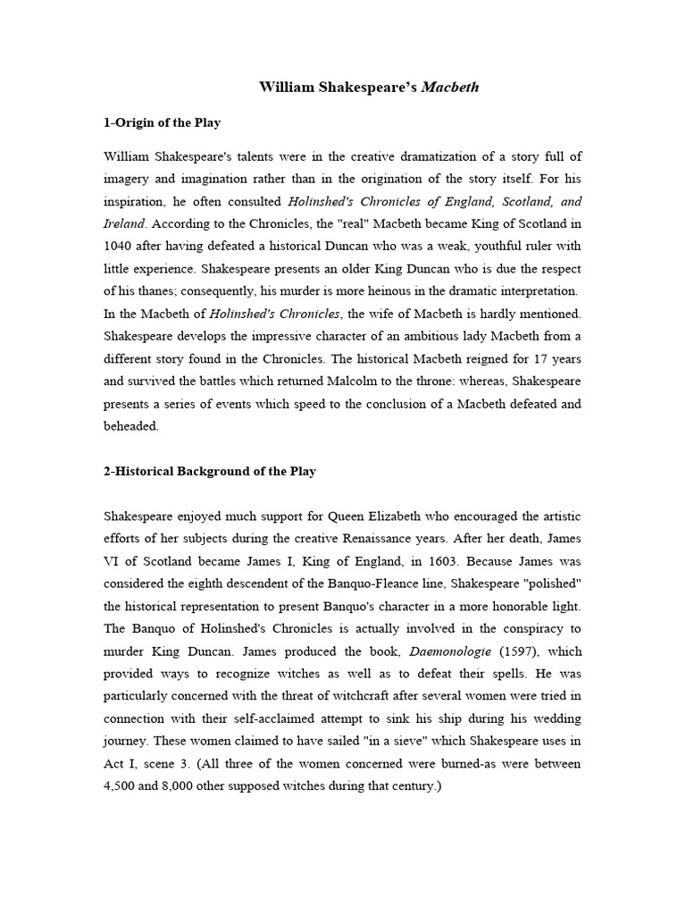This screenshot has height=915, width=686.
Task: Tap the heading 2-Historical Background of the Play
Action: tap(210, 471)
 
